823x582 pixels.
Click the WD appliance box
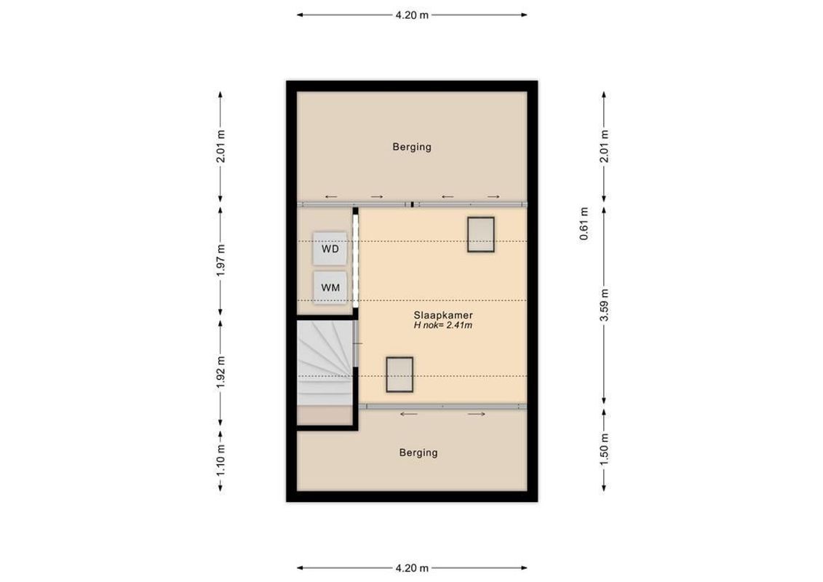330,249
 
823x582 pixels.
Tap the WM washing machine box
330,287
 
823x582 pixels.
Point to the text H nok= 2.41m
442,325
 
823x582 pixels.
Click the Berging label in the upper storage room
412,147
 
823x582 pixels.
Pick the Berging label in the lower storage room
418,453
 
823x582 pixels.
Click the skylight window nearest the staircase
399,375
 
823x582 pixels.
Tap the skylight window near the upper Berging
481,234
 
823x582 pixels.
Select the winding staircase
325,364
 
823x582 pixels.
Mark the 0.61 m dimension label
583,225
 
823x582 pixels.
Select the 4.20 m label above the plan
412,15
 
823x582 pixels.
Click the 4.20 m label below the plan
412,567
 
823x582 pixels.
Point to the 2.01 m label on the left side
220,147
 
